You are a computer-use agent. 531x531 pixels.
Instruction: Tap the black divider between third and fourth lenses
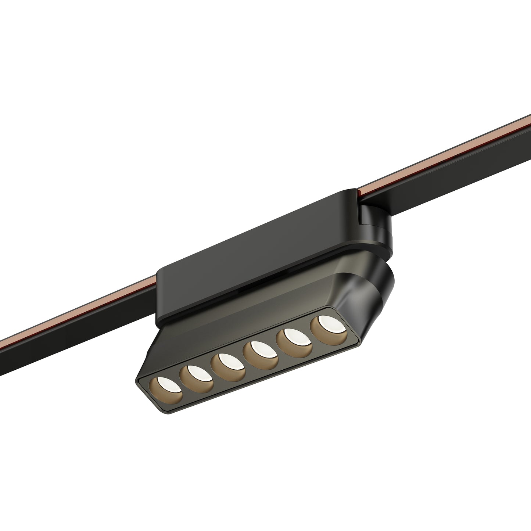pos(244,357)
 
